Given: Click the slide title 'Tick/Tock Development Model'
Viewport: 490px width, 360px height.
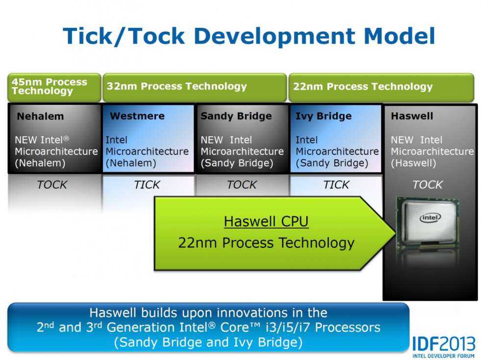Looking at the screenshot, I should [x=249, y=36].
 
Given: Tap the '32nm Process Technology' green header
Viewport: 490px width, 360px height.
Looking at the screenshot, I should [x=177, y=87].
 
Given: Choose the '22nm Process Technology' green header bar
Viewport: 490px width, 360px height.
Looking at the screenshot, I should [x=363, y=87].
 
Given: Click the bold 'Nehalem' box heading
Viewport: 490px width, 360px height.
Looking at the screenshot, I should [x=41, y=117].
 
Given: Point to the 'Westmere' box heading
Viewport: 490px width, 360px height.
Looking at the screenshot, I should [x=137, y=117].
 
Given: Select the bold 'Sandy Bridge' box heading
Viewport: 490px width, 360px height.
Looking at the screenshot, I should [x=236, y=116].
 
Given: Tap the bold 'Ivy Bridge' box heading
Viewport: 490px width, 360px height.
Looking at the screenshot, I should [x=323, y=117].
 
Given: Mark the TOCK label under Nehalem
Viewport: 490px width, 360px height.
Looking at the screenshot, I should [x=52, y=185].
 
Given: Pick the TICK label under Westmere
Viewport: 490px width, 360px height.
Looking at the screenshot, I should [x=147, y=185].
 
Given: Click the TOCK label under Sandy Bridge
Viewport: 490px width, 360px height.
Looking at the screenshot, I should [x=242, y=185].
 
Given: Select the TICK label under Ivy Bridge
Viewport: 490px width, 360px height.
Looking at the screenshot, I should [x=337, y=185].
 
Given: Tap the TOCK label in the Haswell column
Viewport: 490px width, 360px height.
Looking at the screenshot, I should [x=427, y=185].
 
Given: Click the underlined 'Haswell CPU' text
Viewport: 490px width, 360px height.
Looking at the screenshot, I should [x=266, y=222].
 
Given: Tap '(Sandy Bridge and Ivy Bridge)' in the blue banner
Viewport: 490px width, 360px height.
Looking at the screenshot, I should [x=208, y=341].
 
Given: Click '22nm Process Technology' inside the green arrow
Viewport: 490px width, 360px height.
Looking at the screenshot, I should [x=266, y=242].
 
